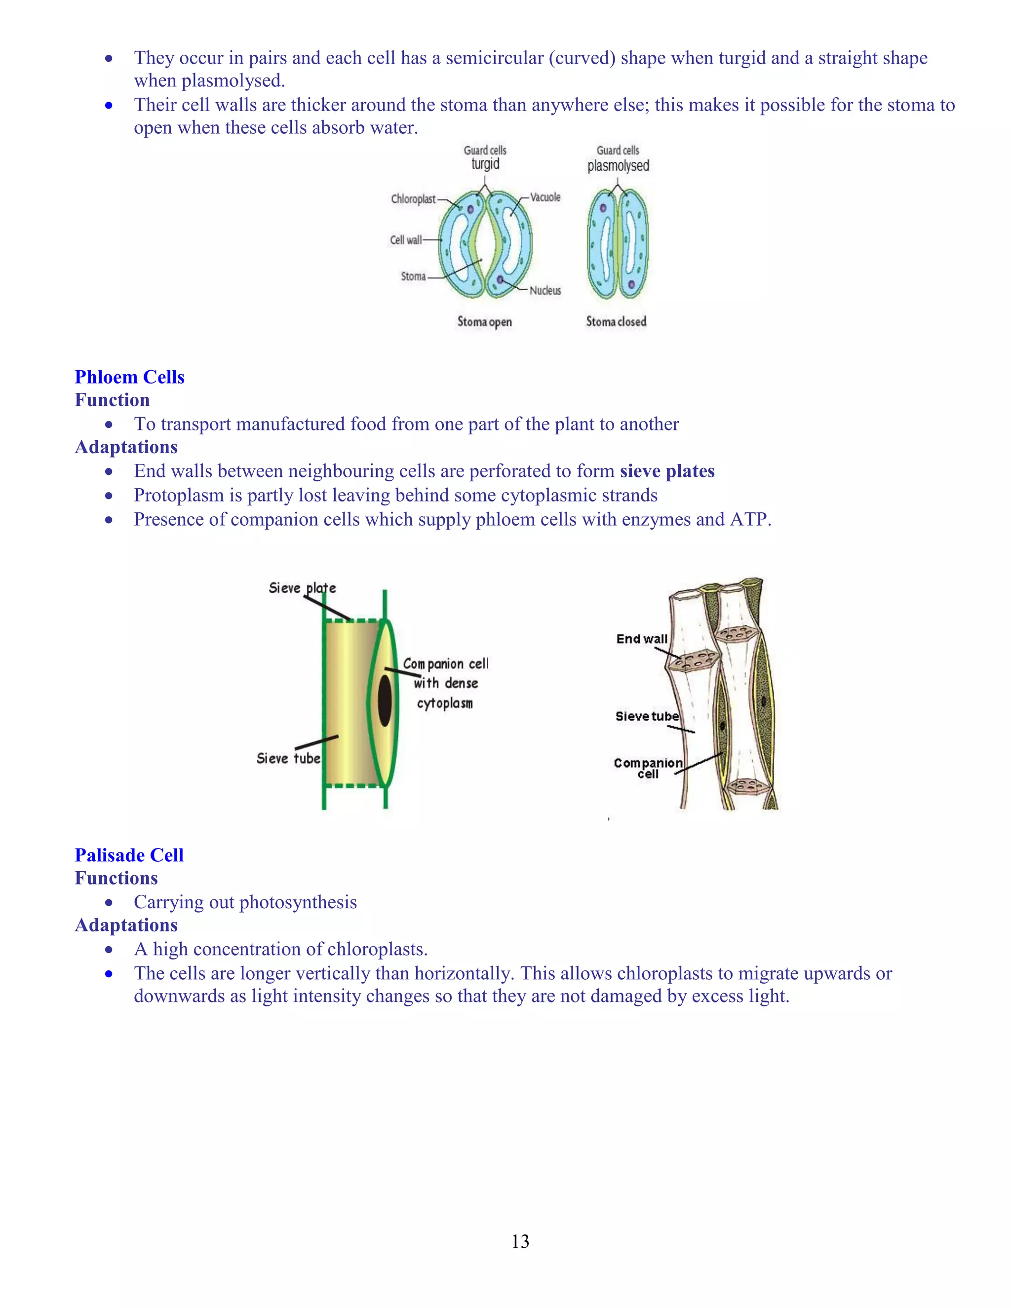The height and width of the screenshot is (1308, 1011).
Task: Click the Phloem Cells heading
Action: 129,377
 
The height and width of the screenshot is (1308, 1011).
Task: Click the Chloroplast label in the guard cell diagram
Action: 413,199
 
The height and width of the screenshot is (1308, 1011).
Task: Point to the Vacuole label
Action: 545,197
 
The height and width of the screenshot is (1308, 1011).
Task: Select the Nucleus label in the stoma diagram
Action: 545,290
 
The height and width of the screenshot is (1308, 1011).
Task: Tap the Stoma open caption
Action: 485,322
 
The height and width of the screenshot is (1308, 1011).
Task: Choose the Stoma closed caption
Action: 616,322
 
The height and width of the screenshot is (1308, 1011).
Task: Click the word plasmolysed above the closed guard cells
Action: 618,166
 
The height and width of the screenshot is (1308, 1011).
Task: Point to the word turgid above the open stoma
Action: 485,164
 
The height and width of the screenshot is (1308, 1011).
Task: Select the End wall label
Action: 641,639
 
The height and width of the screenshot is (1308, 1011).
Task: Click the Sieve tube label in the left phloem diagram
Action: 288,758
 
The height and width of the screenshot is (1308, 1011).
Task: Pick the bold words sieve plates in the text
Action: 666,471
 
